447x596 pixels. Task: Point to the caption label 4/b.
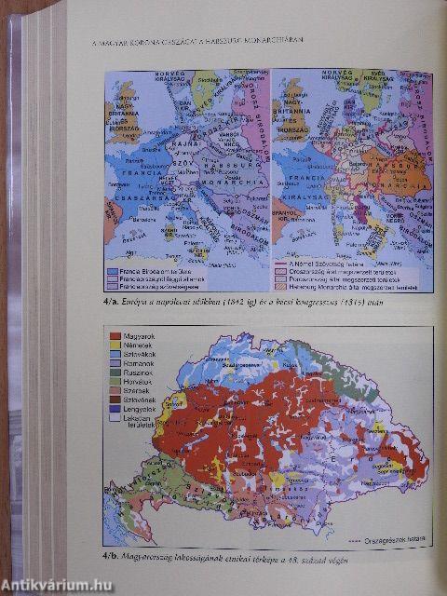pos(114,557)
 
